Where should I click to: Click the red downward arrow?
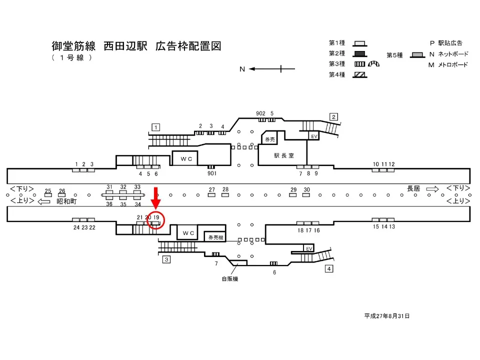pyautogui.click(x=156, y=198)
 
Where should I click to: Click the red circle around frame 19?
pyautogui.click(x=156, y=220)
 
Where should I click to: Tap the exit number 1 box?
pyautogui.click(x=156, y=127)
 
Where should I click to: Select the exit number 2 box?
pyautogui.click(x=333, y=117)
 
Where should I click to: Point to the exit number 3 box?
pyautogui.click(x=166, y=259)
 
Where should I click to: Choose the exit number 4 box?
pyautogui.click(x=328, y=269)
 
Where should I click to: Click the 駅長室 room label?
pyautogui.click(x=283, y=155)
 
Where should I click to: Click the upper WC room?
pyautogui.click(x=185, y=158)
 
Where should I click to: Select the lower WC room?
pyautogui.click(x=188, y=233)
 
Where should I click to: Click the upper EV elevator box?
pyautogui.click(x=314, y=136)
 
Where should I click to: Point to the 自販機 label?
pyautogui.click(x=230, y=279)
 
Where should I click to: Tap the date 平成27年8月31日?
pyautogui.click(x=387, y=316)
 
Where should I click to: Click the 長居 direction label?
pyautogui.click(x=413, y=188)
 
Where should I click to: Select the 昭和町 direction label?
pyautogui.click(x=66, y=201)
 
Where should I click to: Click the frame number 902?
pyautogui.click(x=260, y=113)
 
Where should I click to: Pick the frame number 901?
pyautogui.click(x=211, y=173)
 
